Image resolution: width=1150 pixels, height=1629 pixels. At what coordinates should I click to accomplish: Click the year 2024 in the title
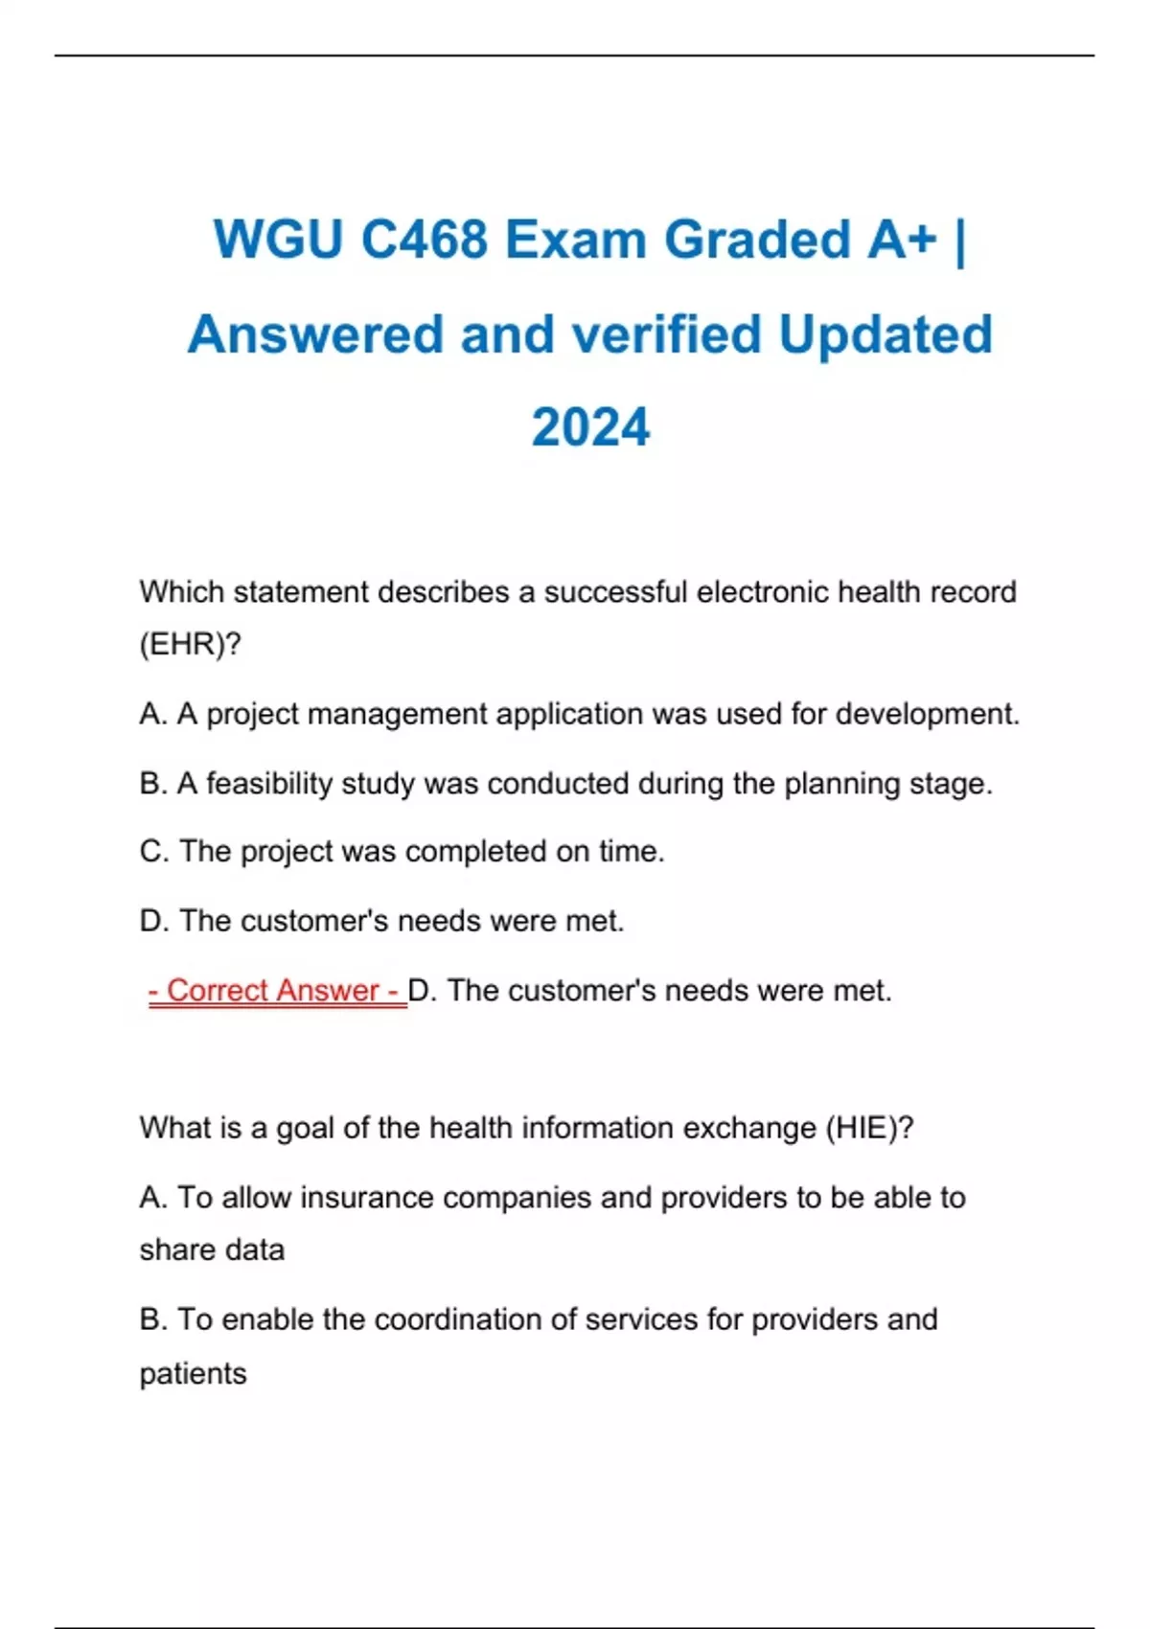590,427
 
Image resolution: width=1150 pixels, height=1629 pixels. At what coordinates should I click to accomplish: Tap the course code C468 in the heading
425,240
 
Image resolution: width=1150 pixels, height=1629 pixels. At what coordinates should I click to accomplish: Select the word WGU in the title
278,240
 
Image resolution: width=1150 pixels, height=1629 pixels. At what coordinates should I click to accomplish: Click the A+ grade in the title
902,240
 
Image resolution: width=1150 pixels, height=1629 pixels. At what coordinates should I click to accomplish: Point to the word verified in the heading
666,334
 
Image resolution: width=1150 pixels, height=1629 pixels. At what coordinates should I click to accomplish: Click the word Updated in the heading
885,334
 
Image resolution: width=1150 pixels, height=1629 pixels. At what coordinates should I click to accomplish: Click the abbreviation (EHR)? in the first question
190,644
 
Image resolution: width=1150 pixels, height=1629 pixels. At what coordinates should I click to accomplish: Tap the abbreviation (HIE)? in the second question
869,1128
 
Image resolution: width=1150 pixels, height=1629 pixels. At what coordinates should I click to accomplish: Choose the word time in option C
631,851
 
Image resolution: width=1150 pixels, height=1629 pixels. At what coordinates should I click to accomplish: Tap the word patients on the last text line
193,1374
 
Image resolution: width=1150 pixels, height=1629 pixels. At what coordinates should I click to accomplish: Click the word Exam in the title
576,240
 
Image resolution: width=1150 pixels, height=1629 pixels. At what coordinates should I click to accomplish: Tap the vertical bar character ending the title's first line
960,240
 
